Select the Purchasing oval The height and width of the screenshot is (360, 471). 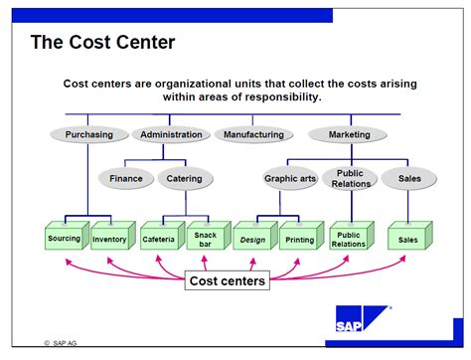pos(95,134)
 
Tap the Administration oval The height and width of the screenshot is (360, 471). pos(171,134)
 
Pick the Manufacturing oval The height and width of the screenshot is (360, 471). pos(254,134)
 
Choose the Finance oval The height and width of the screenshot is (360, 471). pos(126,179)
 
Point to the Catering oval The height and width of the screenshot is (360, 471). pos(184,179)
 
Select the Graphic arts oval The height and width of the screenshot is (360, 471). pos(290,179)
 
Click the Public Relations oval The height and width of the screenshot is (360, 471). pos(350,179)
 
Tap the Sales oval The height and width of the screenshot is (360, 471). pos(408,179)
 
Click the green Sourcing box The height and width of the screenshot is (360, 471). pos(64,238)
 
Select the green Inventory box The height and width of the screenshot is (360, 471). pos(109,239)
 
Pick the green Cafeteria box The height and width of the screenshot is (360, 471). pos(158,238)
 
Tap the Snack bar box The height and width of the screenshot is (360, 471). pos(206,238)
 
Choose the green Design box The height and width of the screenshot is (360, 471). pos(252,239)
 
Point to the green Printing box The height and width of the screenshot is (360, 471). pos(299,239)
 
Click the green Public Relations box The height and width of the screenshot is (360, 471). pos(348,239)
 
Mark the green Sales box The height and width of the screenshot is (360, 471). pos(407,239)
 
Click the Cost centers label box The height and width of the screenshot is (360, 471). pos(228,281)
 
